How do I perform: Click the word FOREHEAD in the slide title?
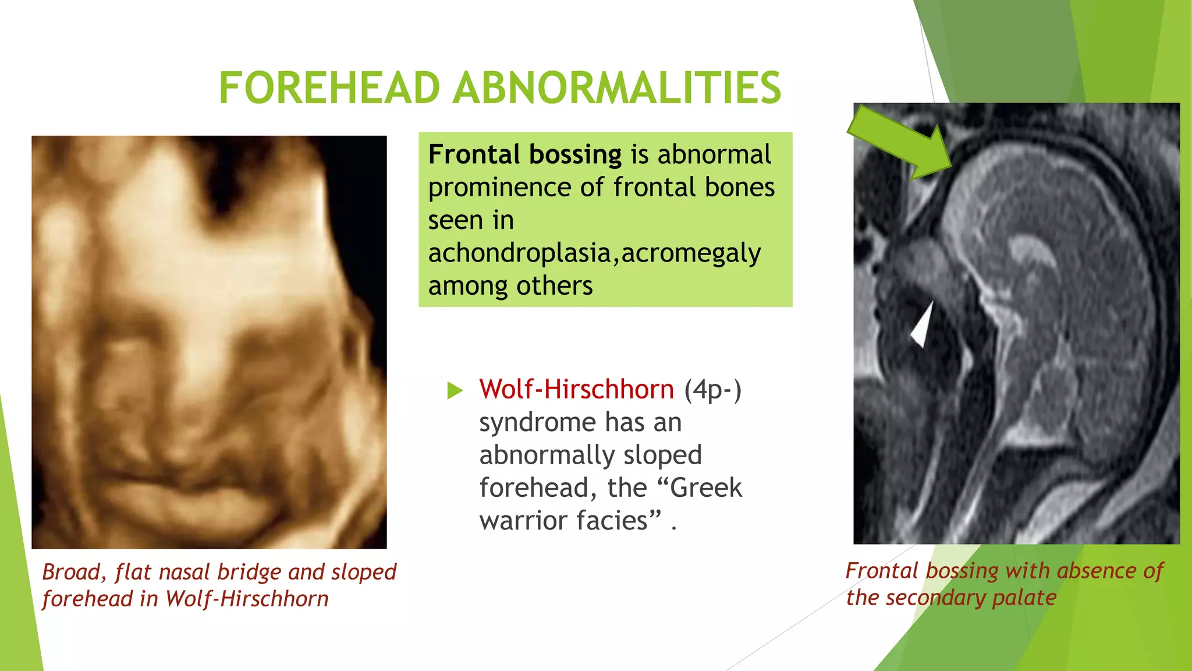tap(329, 88)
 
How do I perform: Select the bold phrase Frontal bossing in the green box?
tap(525, 155)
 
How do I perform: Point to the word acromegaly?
tap(691, 253)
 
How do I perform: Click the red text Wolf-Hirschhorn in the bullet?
tap(576, 389)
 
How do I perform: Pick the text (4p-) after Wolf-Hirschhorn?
tap(712, 389)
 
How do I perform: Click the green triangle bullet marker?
tap(455, 390)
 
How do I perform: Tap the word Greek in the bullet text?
tap(706, 488)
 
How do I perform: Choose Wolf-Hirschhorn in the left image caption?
tap(247, 599)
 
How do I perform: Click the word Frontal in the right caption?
tap(882, 571)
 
